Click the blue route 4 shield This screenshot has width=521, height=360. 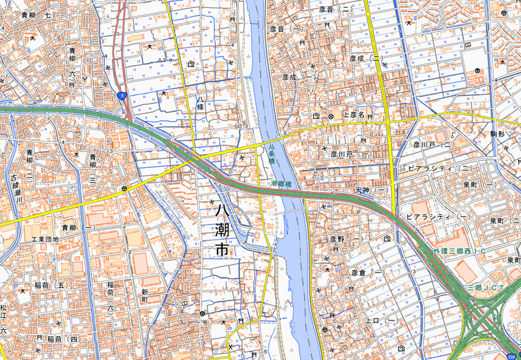[122, 96]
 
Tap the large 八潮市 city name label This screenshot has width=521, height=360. [221, 229]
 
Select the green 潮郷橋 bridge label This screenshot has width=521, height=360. [285, 185]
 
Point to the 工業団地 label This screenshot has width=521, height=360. [45, 239]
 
